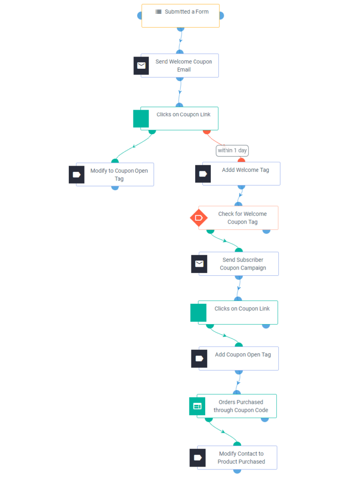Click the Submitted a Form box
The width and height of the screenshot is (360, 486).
click(x=180, y=16)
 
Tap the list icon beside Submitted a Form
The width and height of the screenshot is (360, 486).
click(x=159, y=12)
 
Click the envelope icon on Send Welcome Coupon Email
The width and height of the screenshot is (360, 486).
click(x=141, y=65)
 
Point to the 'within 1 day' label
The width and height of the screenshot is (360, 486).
click(x=232, y=150)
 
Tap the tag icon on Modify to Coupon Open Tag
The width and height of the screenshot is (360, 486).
click(x=76, y=175)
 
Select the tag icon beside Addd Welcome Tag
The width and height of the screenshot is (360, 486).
click(x=203, y=174)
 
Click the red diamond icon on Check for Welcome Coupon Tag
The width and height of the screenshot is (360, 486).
click(x=199, y=218)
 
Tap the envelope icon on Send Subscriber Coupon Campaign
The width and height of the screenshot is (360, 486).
click(x=199, y=264)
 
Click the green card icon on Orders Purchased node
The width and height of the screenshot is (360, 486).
click(x=197, y=406)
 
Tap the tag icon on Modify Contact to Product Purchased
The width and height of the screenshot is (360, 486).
click(x=198, y=458)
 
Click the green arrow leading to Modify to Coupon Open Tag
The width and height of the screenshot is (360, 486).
click(x=134, y=145)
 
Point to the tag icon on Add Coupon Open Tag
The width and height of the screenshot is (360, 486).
click(x=199, y=358)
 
